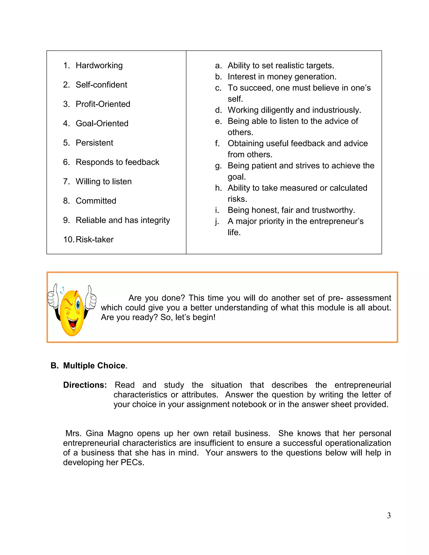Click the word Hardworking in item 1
click(x=99, y=66)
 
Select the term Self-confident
click(x=101, y=85)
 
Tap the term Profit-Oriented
click(x=103, y=104)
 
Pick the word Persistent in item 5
click(x=94, y=143)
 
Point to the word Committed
click(x=96, y=201)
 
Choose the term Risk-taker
click(x=94, y=240)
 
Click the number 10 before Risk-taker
click(x=68, y=240)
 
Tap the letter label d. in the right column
click(x=218, y=110)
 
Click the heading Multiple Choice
click(x=94, y=366)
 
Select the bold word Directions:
click(x=85, y=385)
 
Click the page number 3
click(x=389, y=516)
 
